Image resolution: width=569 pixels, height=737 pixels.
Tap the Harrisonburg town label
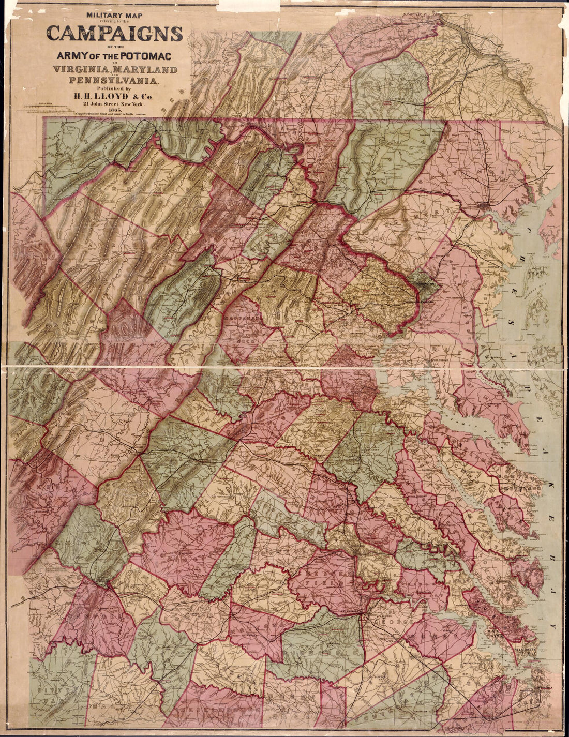tap(141, 378)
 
